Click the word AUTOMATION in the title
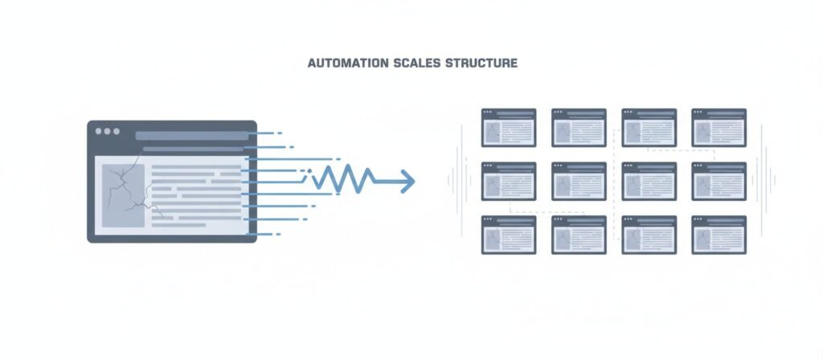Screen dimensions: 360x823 [342, 63]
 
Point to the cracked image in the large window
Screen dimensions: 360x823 [124, 195]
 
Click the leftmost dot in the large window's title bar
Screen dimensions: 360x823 [99, 131]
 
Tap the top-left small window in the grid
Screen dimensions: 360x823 [509, 128]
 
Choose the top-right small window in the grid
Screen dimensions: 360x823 [719, 128]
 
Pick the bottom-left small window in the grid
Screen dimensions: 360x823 [509, 235]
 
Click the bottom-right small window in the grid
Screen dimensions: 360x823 [719, 235]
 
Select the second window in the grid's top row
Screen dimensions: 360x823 [579, 128]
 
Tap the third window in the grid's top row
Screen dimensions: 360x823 [649, 128]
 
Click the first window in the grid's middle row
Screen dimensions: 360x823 [509, 181]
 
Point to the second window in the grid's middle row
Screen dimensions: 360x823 [579, 181]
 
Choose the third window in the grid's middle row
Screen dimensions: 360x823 [649, 181]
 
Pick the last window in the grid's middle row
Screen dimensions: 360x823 [719, 181]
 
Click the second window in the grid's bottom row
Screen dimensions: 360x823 [579, 235]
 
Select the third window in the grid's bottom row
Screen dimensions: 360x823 [649, 235]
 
